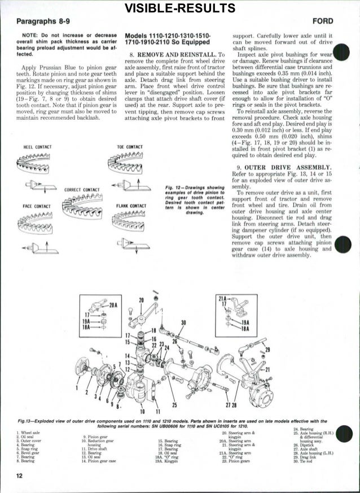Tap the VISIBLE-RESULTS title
[x=180, y=8]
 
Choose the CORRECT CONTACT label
[x=82, y=190]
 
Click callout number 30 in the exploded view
[x=183, y=322]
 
